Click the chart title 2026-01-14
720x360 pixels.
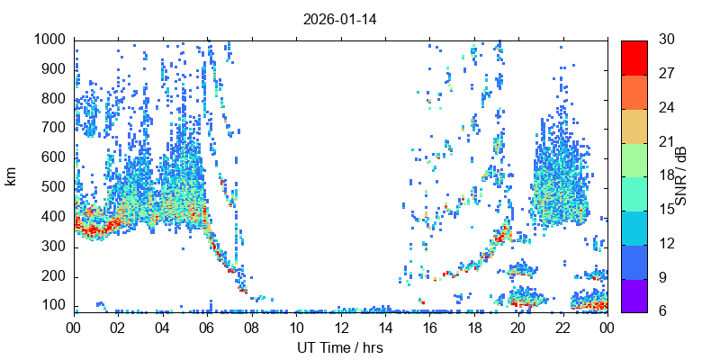pyautogui.click(x=339, y=19)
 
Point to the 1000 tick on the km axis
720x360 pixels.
pyautogui.click(x=50, y=40)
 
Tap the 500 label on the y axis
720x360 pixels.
pyautogui.click(x=54, y=187)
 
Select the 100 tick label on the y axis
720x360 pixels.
pyautogui.click(x=54, y=305)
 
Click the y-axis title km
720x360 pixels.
pyautogui.click(x=12, y=175)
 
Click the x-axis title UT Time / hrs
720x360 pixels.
pyautogui.click(x=340, y=346)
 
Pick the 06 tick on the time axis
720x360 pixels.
pyautogui.click(x=207, y=328)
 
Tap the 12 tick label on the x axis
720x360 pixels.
pyautogui.click(x=340, y=328)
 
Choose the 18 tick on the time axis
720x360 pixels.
pyautogui.click(x=473, y=328)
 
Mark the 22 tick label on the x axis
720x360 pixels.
pyautogui.click(x=562, y=328)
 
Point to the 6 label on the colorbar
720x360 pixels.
pyautogui.click(x=661, y=312)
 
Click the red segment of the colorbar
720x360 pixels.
pyautogui.click(x=634, y=57)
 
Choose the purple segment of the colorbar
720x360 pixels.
pyautogui.click(x=634, y=295)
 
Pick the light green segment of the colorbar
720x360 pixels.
pyautogui.click(x=634, y=159)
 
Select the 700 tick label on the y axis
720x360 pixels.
pyautogui.click(x=54, y=128)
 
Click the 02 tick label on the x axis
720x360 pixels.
pyautogui.click(x=118, y=328)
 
